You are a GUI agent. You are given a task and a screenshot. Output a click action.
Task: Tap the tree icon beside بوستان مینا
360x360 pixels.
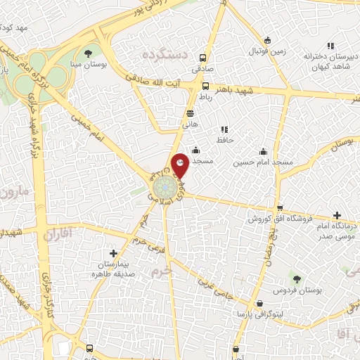click(88, 53)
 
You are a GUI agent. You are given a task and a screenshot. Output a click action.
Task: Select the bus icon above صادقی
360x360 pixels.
click(203, 58)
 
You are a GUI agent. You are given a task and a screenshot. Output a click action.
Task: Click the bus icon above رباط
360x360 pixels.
click(206, 87)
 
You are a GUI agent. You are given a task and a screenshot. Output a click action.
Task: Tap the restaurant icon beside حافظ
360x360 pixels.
click(224, 129)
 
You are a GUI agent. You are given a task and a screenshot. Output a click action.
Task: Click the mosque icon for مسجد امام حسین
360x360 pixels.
click(264, 151)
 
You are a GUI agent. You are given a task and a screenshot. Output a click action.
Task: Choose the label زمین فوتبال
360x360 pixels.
click(266, 52)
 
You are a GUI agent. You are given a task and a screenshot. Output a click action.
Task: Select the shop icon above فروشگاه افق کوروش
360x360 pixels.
click(281, 207)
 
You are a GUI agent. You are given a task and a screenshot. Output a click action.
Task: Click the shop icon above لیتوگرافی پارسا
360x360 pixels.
click(261, 303)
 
